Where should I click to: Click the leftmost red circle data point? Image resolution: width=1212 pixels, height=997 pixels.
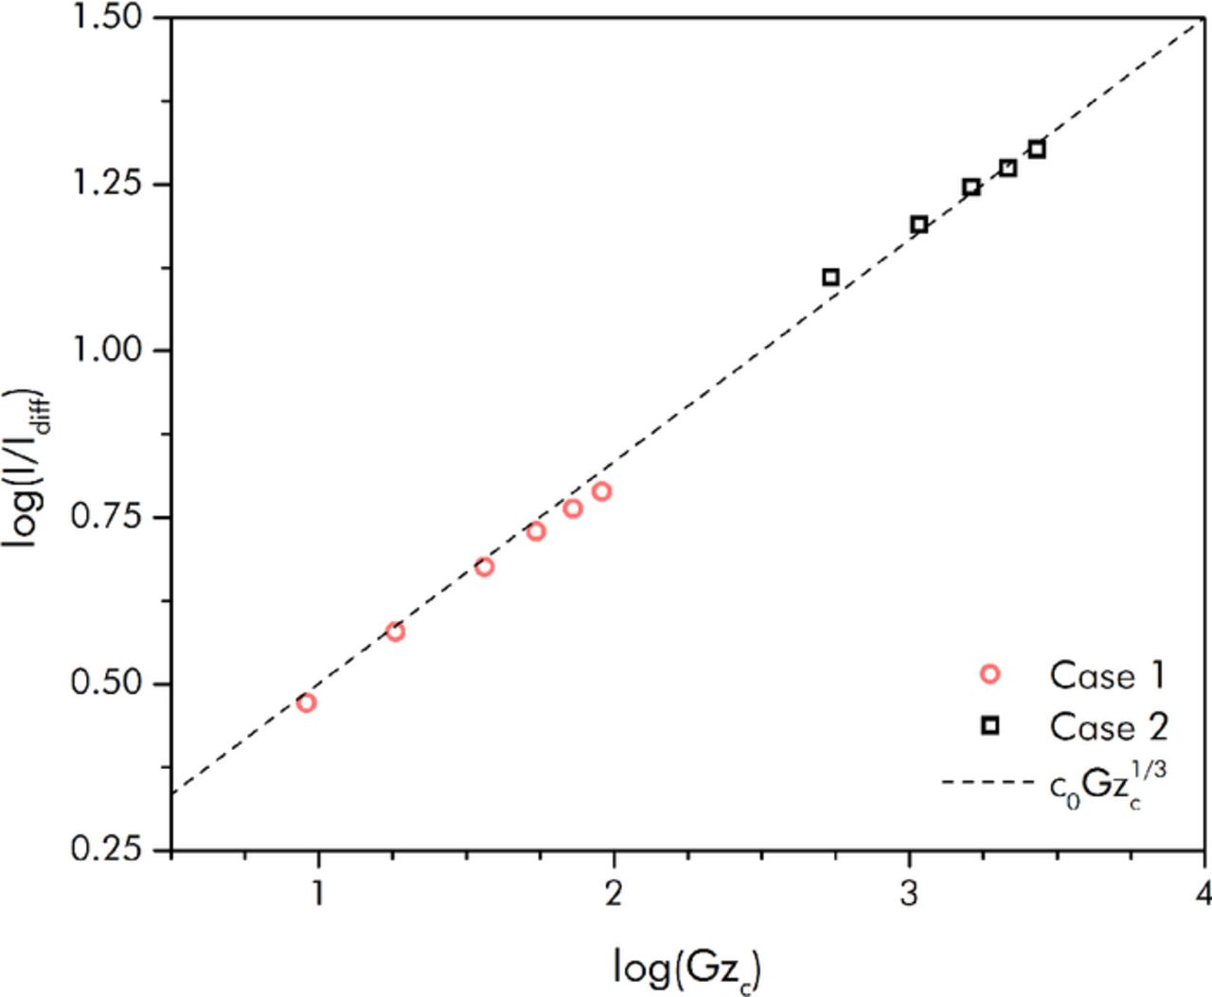point(306,703)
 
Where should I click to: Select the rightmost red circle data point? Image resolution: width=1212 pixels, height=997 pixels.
point(601,491)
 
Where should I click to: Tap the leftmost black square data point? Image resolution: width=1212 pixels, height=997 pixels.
point(830,277)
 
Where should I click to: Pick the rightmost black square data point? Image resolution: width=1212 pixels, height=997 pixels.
point(1037,150)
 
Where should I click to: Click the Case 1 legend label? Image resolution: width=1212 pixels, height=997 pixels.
point(1106,675)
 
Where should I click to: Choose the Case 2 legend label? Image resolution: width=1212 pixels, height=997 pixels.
point(1108,727)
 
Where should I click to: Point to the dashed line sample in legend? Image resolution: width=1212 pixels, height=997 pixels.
point(988,782)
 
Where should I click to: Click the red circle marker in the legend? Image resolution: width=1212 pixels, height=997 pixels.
point(990,674)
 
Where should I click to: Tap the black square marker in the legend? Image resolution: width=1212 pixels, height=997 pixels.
point(990,726)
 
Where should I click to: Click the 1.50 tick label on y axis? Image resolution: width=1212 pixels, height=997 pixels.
point(107,17)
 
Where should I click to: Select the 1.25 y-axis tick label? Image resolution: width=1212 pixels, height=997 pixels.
point(107,184)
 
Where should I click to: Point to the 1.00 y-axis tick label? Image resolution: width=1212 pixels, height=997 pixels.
point(107,350)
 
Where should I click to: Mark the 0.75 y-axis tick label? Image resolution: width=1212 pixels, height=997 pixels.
point(107,517)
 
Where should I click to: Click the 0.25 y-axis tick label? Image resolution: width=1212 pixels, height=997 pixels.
point(107,849)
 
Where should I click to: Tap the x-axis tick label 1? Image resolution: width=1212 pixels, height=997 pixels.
point(318,893)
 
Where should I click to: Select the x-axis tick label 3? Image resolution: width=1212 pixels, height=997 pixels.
point(909,893)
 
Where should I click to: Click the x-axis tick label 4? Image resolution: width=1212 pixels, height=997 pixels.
point(1203,893)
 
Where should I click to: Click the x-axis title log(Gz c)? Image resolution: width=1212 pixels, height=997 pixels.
point(687,969)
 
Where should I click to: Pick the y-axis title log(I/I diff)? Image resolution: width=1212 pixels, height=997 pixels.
point(28,468)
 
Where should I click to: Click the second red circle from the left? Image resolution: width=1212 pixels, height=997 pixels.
point(395,632)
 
